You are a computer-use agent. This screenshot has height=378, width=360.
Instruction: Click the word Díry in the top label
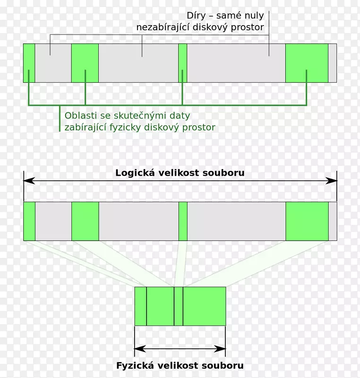[197, 16]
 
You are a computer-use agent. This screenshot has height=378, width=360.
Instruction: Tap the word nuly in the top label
[253, 16]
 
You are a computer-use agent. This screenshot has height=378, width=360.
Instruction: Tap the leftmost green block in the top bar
[29, 63]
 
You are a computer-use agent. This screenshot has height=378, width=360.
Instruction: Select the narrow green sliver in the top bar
[182, 63]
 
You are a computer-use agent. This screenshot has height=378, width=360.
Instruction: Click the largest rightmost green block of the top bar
[307, 63]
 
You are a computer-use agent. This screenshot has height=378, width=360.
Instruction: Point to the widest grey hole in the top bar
[236, 63]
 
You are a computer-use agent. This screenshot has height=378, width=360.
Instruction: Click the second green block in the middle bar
[85, 221]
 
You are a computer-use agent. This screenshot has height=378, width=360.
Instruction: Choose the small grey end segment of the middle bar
[333, 221]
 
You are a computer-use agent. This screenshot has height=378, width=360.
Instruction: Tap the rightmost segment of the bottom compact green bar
[204, 306]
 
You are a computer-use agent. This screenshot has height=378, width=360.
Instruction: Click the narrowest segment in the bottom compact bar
[178, 306]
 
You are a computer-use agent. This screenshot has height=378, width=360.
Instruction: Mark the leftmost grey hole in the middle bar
[53, 221]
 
